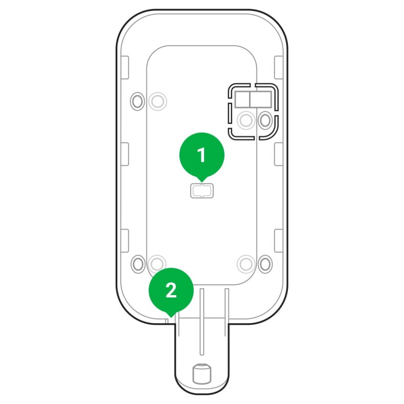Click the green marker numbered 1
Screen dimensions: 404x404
tap(201, 155)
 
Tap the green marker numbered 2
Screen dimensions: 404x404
tap(171, 290)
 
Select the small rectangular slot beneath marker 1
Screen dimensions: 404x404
tap(202, 191)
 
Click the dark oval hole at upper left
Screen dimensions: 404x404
tap(138, 101)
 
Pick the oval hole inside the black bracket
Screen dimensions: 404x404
tap(265, 120)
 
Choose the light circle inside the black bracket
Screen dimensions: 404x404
tap(246, 120)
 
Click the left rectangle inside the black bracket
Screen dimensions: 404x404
tap(241, 99)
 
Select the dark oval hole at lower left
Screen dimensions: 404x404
tap(138, 264)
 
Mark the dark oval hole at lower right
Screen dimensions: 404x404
tap(265, 264)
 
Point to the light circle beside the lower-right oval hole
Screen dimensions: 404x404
tap(246, 264)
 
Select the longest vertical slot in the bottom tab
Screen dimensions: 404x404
tap(202, 320)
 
